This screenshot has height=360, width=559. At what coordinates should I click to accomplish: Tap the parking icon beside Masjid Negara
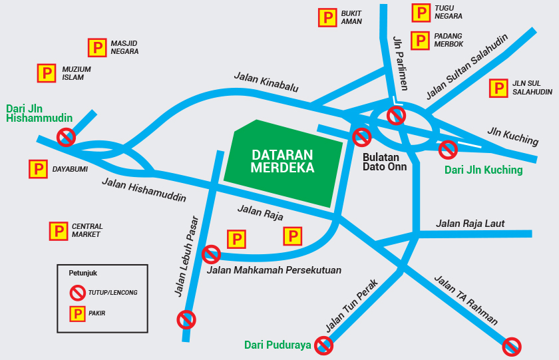(97, 47)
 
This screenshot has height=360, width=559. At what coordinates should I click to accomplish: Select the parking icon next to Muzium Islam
(46, 73)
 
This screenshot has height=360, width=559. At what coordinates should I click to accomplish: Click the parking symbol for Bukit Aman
(327, 17)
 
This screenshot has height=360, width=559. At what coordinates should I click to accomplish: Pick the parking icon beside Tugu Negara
(421, 13)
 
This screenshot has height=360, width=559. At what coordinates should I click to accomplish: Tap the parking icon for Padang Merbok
(420, 41)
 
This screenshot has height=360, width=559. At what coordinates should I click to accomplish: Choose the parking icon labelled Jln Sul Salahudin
(498, 88)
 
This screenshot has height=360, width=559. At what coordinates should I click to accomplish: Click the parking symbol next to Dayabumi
(38, 169)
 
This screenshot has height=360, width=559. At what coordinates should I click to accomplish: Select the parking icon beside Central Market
(59, 231)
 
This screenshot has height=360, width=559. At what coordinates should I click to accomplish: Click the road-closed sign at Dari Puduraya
(324, 345)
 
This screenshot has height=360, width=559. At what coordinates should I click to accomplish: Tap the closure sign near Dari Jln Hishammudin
(65, 137)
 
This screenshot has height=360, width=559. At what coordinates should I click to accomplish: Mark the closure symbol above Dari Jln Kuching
(448, 149)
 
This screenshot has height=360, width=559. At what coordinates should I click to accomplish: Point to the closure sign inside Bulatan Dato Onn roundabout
(397, 116)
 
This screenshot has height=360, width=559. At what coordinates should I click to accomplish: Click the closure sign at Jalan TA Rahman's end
(512, 346)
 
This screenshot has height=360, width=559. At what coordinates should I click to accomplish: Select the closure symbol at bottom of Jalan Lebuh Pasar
(186, 319)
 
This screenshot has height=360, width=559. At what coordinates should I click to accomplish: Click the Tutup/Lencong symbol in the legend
(78, 292)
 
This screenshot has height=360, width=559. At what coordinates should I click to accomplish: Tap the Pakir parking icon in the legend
(78, 314)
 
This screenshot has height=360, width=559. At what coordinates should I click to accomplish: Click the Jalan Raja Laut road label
(470, 224)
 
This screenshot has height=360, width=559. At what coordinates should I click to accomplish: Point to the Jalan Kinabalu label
(266, 82)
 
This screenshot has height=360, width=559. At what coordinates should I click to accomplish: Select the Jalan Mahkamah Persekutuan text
(274, 270)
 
